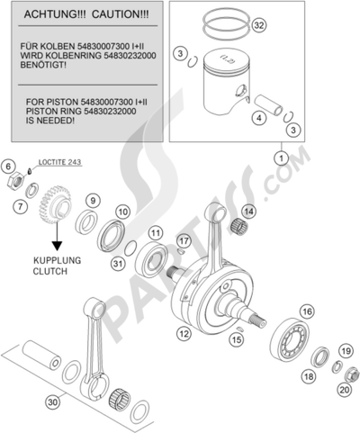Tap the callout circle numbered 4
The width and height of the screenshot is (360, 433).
257,117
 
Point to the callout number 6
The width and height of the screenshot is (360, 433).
7,167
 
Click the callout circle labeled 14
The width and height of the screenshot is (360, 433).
248,212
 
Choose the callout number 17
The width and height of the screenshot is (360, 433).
184,241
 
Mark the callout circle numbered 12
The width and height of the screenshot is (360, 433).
184,333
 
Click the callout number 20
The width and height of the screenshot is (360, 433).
346,391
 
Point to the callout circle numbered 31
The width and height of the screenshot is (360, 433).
118,263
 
